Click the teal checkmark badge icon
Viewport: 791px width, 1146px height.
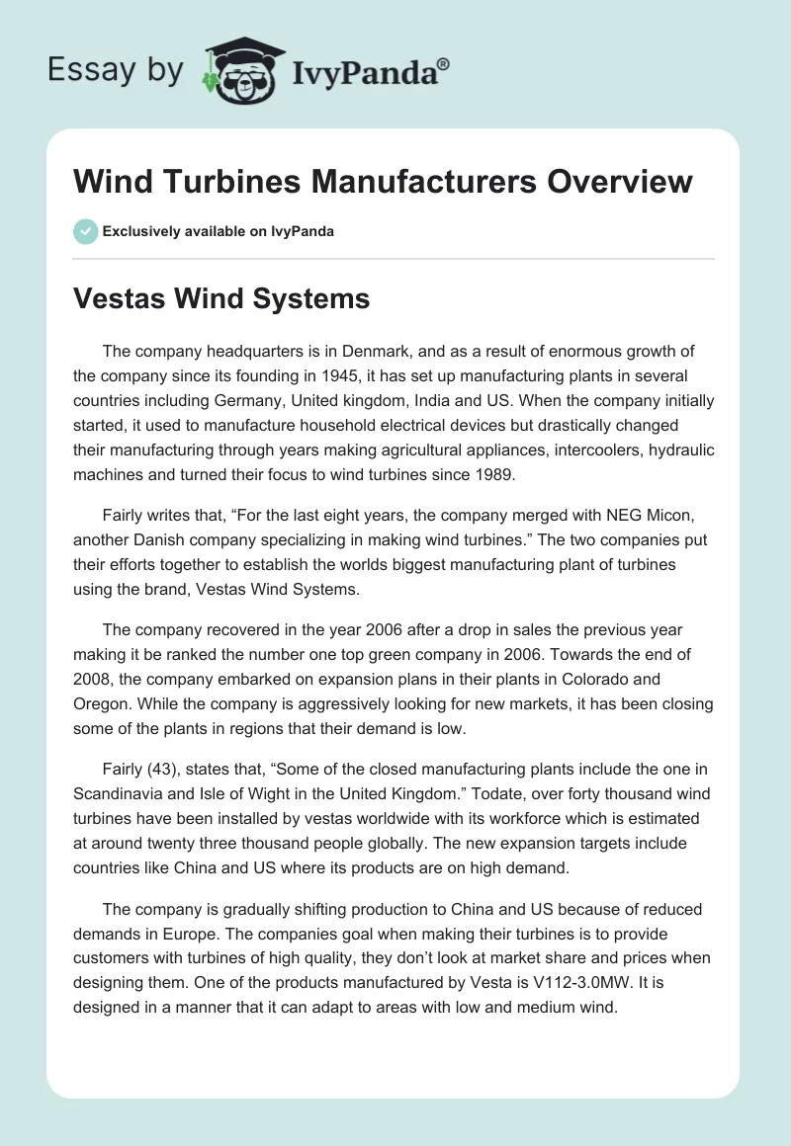coord(85,231)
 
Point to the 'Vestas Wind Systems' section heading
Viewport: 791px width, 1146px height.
coord(221,298)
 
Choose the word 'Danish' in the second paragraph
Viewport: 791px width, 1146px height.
coord(157,540)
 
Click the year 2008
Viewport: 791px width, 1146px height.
coord(95,680)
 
